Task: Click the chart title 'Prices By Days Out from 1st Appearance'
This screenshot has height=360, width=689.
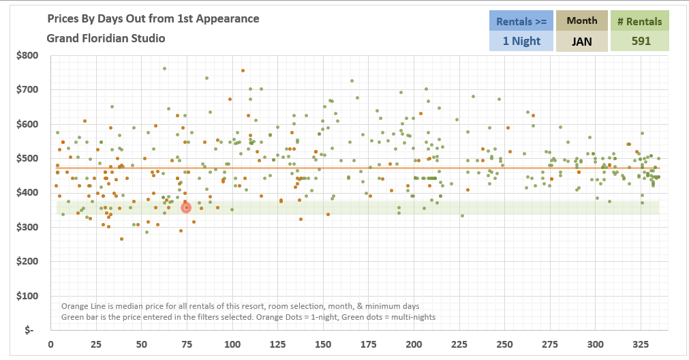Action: (153, 18)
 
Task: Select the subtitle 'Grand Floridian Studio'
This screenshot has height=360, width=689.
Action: (106, 38)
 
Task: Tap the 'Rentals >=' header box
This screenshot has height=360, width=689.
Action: (521, 21)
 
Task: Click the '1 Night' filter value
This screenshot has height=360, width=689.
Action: (521, 41)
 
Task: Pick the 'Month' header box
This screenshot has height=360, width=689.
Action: (581, 20)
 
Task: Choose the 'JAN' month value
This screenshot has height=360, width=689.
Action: (581, 41)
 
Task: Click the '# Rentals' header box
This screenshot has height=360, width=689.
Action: (639, 21)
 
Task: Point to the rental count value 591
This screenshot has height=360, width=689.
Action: (639, 41)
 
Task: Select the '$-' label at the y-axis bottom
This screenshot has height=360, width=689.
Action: (29, 331)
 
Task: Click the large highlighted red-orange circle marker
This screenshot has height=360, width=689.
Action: (186, 208)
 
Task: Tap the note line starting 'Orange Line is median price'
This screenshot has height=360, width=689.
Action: (240, 306)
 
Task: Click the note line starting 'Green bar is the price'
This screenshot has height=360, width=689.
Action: (248, 317)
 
